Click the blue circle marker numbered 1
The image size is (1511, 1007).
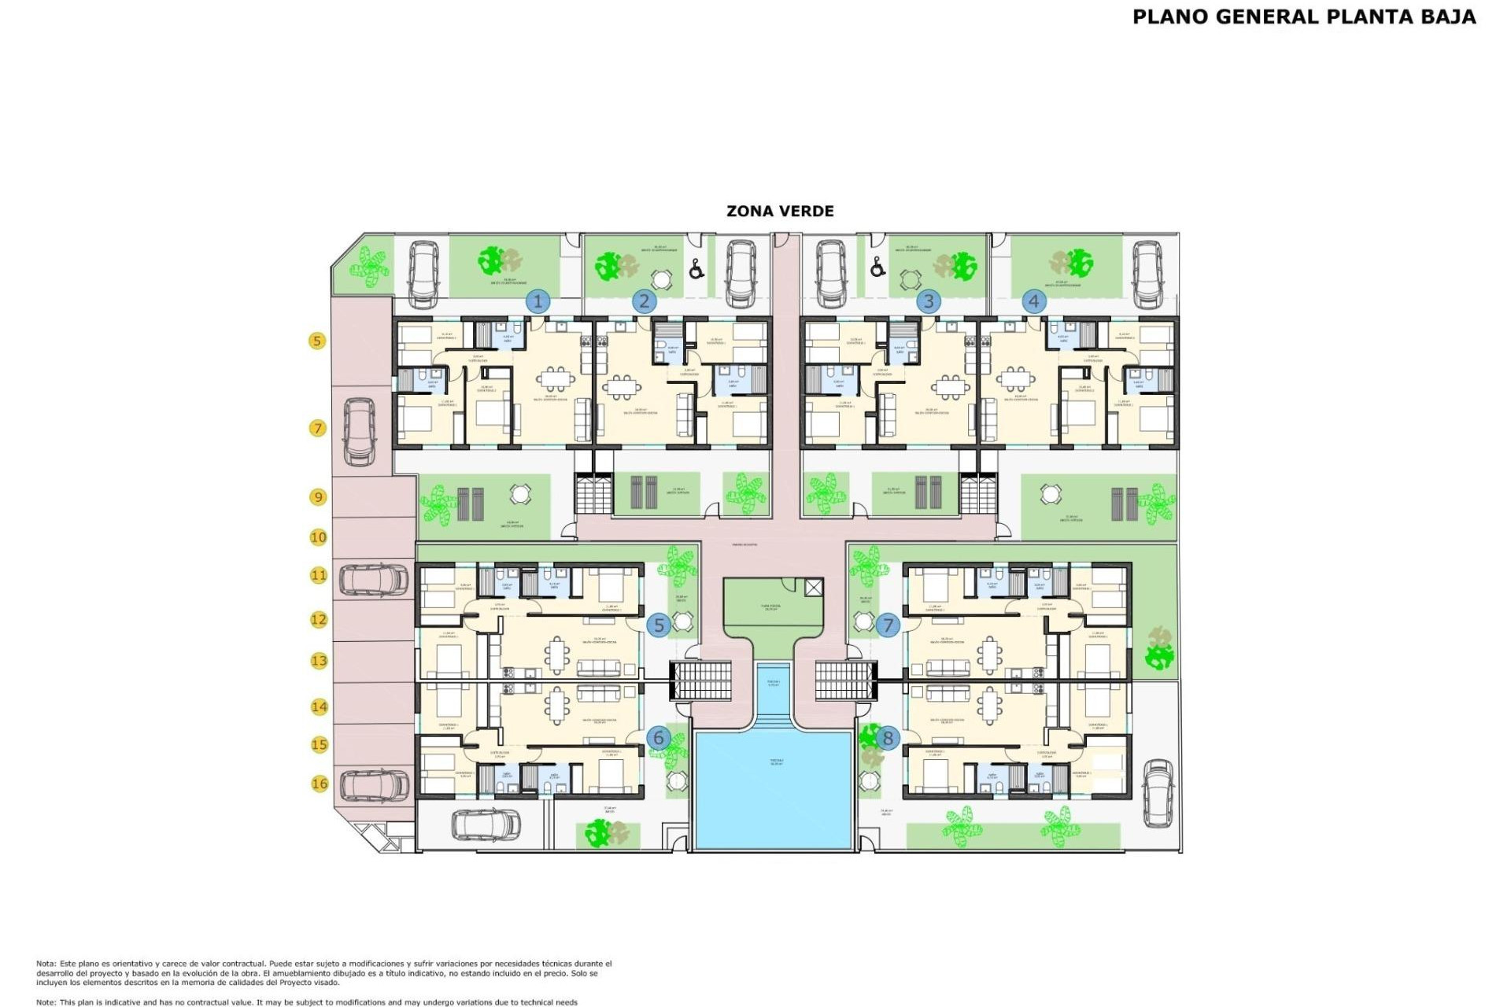[538, 301]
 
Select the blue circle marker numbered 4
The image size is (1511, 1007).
[1033, 301]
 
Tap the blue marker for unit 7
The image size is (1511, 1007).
[888, 625]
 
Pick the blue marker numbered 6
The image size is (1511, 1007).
[659, 738]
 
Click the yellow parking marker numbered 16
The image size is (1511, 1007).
[319, 784]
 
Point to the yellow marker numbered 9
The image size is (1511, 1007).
[318, 497]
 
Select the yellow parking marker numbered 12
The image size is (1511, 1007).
[318, 620]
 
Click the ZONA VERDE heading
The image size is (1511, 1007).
[780, 211]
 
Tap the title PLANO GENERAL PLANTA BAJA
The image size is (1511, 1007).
[1304, 17]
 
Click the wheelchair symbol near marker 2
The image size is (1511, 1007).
[696, 270]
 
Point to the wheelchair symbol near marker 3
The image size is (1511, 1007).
[877, 269]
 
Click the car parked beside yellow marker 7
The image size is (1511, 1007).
[360, 430]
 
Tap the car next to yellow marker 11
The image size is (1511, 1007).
[374, 580]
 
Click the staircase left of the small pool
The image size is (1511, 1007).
[701, 681]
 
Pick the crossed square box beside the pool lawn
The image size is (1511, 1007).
[814, 587]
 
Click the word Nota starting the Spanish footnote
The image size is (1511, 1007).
[45, 964]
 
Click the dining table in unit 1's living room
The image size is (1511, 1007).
[556, 379]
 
